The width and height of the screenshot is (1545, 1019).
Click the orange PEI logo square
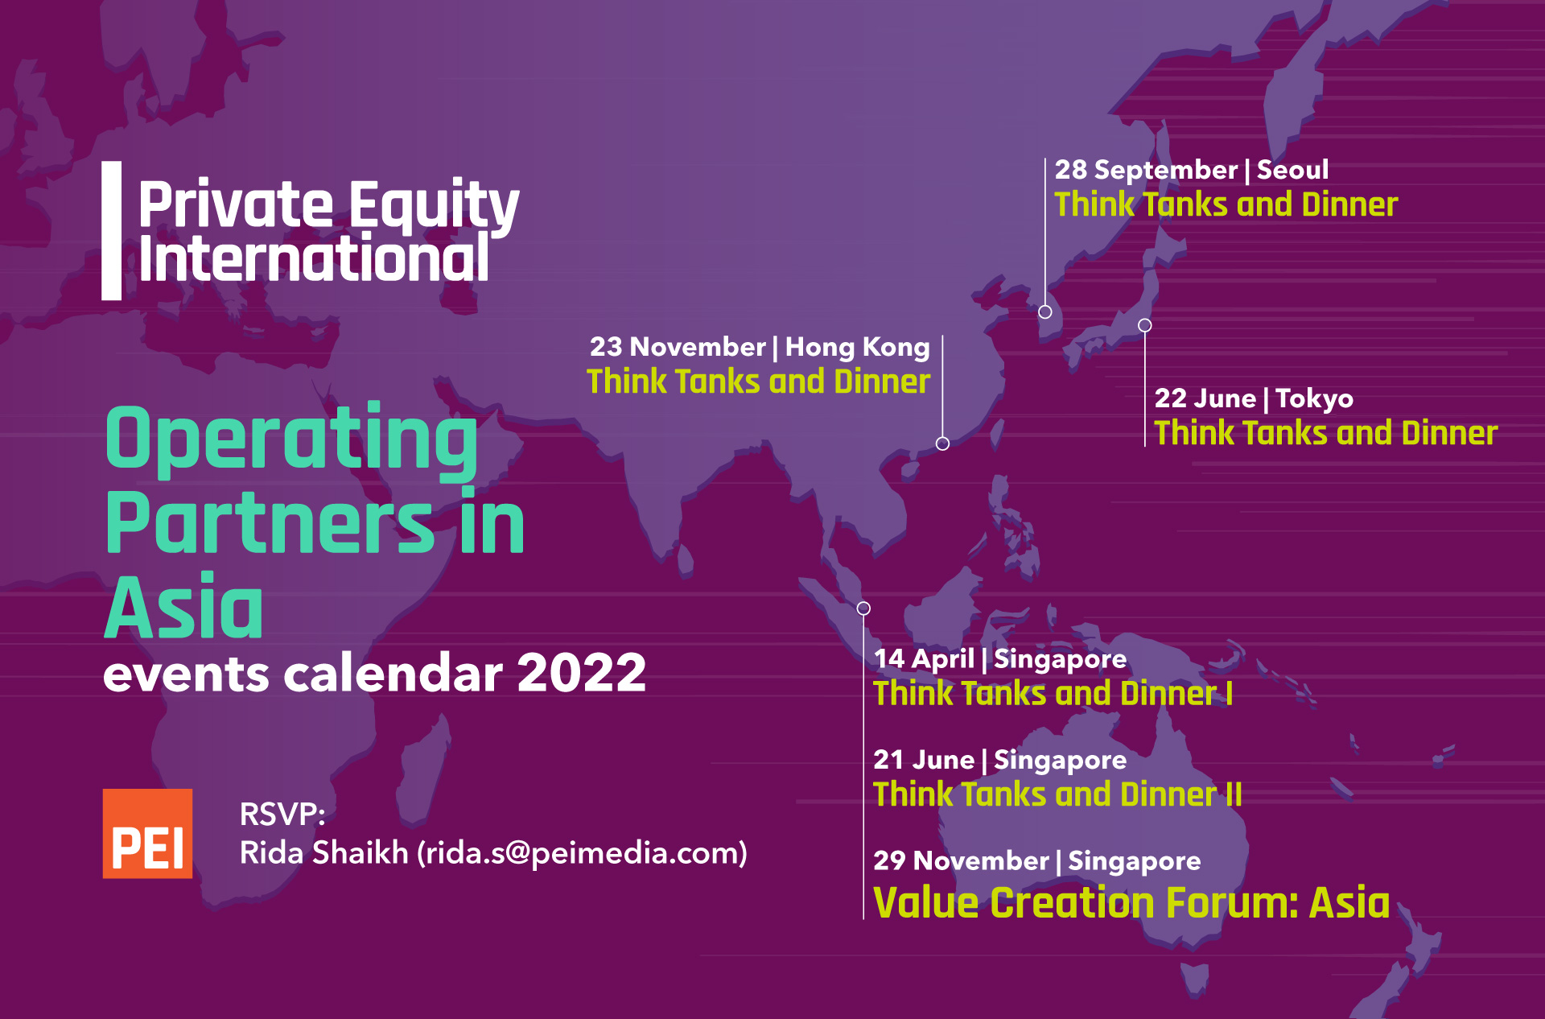(x=147, y=833)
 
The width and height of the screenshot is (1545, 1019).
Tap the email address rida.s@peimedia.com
(x=582, y=853)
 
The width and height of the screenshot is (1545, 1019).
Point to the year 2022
(x=582, y=673)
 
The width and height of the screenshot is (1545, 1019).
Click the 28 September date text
(x=1146, y=170)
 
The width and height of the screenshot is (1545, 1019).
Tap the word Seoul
(x=1292, y=170)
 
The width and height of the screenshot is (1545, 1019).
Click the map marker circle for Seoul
(x=1045, y=311)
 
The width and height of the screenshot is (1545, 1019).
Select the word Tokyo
(x=1314, y=398)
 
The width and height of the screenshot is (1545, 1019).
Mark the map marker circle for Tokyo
(x=1145, y=325)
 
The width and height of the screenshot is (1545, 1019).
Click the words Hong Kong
(x=858, y=347)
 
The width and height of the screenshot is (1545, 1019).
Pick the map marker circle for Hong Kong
(x=943, y=443)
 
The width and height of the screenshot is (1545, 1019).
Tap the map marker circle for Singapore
(x=863, y=609)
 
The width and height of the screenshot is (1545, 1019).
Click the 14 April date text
(x=924, y=659)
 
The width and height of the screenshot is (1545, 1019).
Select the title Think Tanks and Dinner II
(x=1057, y=794)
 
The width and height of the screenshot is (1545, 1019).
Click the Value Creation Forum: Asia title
(x=1131, y=902)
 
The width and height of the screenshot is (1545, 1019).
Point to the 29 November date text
(x=961, y=861)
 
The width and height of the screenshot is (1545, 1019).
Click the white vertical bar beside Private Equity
(x=112, y=231)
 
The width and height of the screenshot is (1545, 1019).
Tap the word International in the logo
(x=314, y=259)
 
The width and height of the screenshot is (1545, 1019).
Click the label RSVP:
(x=282, y=815)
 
